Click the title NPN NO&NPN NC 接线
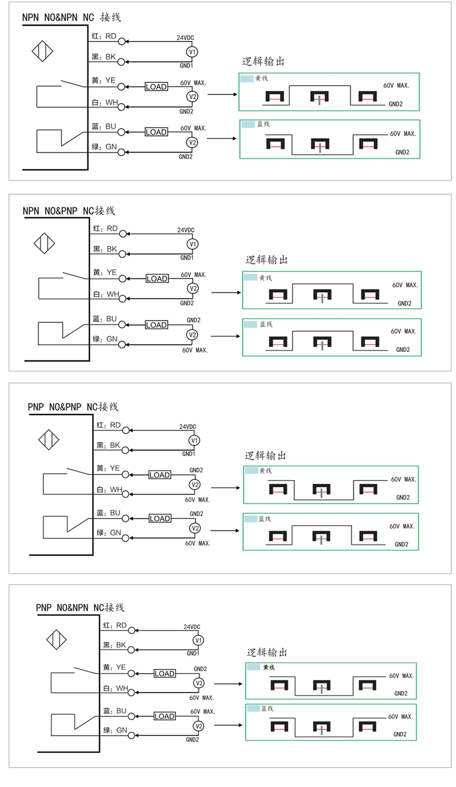point(71,17)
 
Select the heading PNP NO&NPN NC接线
point(80,608)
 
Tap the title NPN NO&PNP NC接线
point(69,211)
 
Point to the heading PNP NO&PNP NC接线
point(73,407)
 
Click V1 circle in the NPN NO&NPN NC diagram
point(192,51)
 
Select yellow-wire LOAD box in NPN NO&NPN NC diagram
point(156,87)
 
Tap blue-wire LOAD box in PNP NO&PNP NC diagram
point(160,518)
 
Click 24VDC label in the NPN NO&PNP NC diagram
point(186,230)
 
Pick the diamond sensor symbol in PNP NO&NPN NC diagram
point(56,640)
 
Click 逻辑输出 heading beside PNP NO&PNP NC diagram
point(265,456)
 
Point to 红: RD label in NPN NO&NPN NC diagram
point(104,36)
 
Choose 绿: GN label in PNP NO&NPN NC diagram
point(115,730)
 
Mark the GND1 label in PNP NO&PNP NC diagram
point(189,454)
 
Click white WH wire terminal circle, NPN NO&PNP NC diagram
point(123,299)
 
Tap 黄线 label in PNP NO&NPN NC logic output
point(269,667)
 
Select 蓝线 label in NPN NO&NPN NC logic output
point(263,124)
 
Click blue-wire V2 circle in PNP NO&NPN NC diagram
point(198,726)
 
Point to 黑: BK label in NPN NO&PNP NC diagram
point(105,249)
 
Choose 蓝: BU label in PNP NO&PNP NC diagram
point(108,513)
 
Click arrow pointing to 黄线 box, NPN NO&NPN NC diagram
point(223,94)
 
